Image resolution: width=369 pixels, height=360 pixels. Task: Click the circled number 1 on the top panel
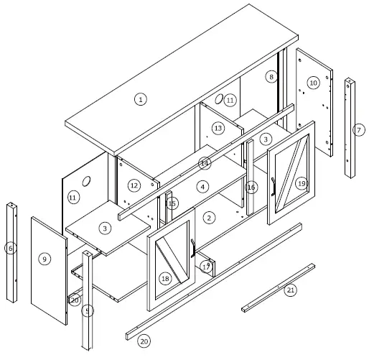pos(141,99)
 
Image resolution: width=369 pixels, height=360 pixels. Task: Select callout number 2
pos(209,217)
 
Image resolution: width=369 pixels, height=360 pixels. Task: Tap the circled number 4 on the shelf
pos(203,187)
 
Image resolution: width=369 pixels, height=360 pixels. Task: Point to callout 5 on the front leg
pos(88,310)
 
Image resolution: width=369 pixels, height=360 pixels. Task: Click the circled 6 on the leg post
pos(10,249)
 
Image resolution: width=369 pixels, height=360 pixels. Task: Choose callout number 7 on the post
pos(358,130)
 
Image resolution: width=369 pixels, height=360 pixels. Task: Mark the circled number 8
pos(271,76)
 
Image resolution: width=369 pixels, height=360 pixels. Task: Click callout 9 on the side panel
pos(45,259)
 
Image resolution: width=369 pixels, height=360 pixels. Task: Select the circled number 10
pos(313,83)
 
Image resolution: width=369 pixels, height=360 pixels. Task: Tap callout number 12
pos(134,185)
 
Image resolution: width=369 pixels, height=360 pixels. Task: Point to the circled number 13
pos(218,128)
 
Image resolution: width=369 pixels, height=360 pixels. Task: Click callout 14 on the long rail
pos(205,162)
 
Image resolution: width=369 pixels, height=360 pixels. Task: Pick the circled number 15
pos(172,204)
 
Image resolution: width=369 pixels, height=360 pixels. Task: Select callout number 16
pos(251,188)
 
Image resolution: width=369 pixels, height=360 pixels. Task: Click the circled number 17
pos(206,267)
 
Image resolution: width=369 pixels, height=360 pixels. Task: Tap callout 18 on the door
pos(166,278)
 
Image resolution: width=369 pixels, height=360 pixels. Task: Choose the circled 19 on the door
pos(302,183)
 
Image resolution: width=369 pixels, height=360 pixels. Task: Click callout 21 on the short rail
pos(290,290)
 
